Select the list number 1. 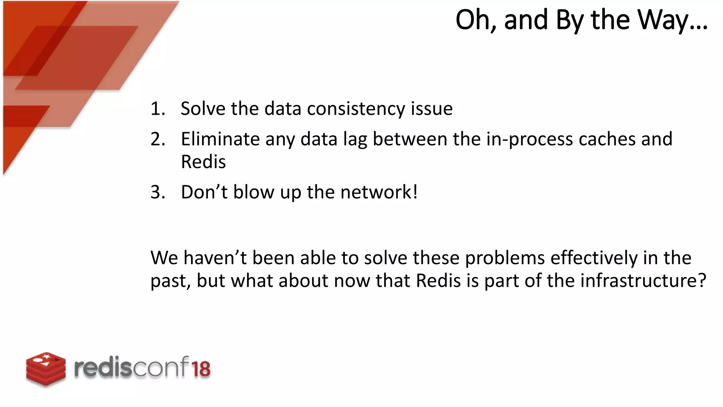[x=157, y=108]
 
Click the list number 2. [x=157, y=139]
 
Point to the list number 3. [x=157, y=192]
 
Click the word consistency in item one [x=356, y=108]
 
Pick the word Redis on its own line [x=203, y=162]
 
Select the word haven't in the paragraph [x=215, y=258]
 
